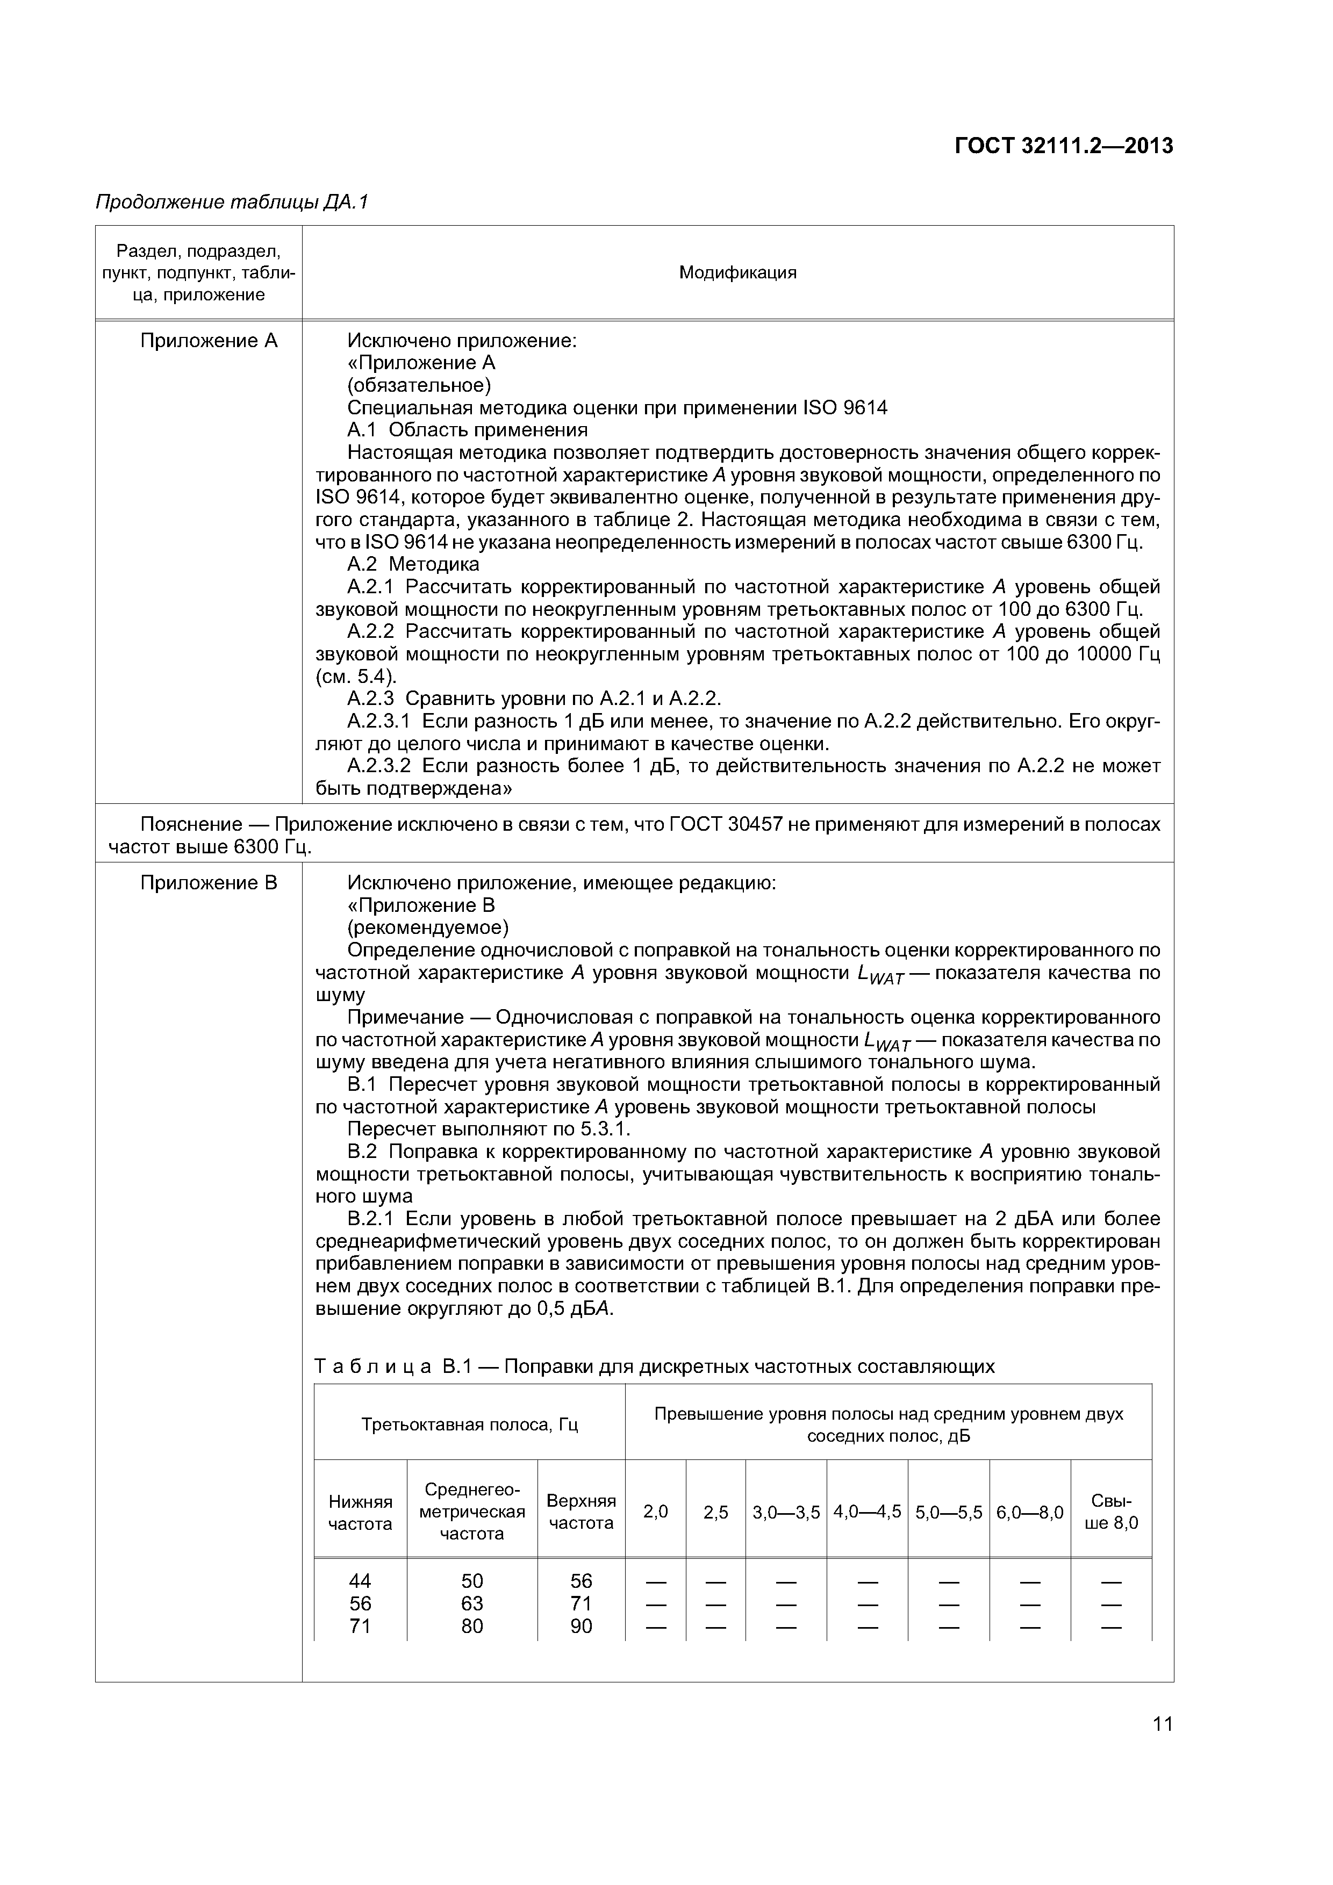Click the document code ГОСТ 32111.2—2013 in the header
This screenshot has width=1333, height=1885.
click(x=1064, y=146)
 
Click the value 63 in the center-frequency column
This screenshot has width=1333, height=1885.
click(x=472, y=1603)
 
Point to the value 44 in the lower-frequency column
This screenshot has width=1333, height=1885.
click(x=360, y=1581)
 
